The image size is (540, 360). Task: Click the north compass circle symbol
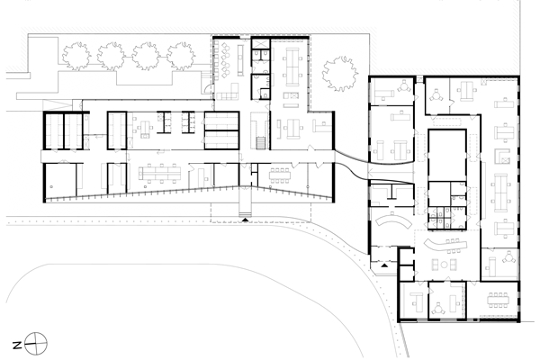(x=36, y=344)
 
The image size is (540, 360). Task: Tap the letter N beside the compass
(x=17, y=345)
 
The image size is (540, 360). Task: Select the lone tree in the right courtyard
(x=339, y=74)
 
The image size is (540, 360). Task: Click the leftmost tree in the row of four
(x=76, y=56)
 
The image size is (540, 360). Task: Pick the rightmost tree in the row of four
(x=181, y=56)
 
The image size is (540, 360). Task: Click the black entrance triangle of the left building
(x=245, y=219)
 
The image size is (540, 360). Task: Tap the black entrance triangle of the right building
(x=384, y=265)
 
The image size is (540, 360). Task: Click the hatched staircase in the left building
(x=261, y=143)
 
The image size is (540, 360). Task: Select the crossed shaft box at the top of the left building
(x=260, y=44)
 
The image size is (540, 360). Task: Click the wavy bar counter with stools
(x=445, y=245)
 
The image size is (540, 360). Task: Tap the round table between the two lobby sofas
(x=445, y=265)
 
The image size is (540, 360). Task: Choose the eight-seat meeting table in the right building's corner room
(x=498, y=300)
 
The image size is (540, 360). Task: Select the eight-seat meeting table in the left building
(x=280, y=175)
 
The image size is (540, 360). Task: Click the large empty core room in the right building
(x=447, y=155)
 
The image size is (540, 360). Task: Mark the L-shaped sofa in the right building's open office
(x=502, y=156)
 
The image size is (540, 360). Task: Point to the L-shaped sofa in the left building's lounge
(x=228, y=93)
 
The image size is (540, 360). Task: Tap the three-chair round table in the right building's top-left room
(x=404, y=86)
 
